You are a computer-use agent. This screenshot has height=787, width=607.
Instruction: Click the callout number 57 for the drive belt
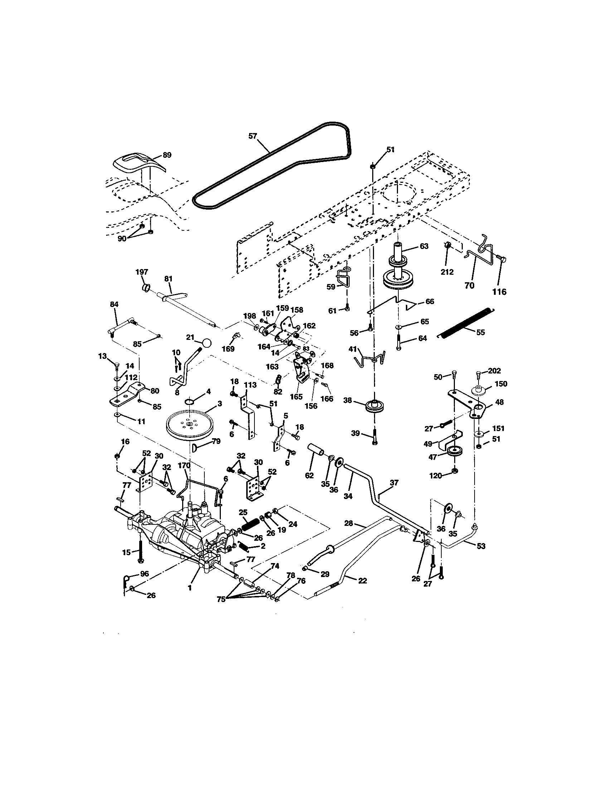(x=253, y=136)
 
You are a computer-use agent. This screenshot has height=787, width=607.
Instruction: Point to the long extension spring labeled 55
(x=465, y=323)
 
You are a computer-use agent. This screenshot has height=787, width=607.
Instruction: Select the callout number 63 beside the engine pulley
(x=424, y=246)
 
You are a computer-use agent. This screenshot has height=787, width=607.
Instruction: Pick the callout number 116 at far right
(x=499, y=292)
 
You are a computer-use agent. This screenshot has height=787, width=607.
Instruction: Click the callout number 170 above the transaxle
(x=184, y=465)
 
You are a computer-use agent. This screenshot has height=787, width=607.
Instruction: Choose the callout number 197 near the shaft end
(x=142, y=272)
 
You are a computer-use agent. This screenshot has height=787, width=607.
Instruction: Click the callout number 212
(x=447, y=272)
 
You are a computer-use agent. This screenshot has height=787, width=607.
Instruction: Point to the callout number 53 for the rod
(x=481, y=546)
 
